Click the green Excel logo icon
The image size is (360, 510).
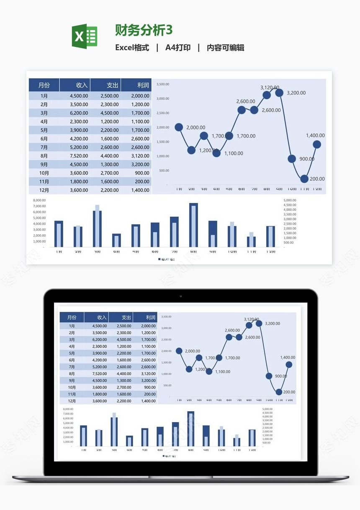point(85,36)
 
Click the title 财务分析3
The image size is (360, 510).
point(144,30)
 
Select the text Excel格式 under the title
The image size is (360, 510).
point(132,48)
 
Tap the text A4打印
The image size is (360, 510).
point(178,48)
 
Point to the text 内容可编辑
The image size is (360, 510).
point(225,48)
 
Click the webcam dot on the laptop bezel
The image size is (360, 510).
point(180,296)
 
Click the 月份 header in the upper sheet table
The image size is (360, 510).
point(44,85)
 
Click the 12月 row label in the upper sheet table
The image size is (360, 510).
point(44,190)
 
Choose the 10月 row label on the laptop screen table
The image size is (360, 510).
point(72,387)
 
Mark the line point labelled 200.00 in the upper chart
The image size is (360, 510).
point(304,179)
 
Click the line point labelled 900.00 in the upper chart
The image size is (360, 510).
point(292,159)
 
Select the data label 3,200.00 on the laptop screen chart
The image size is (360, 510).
point(273,323)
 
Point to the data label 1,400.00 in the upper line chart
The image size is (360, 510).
point(315,136)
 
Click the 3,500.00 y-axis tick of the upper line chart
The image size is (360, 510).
point(163,84)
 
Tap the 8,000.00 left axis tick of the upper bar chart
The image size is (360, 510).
point(39,200)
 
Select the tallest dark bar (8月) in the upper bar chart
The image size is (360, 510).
point(193,225)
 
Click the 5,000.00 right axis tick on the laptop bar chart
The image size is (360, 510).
point(267,409)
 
